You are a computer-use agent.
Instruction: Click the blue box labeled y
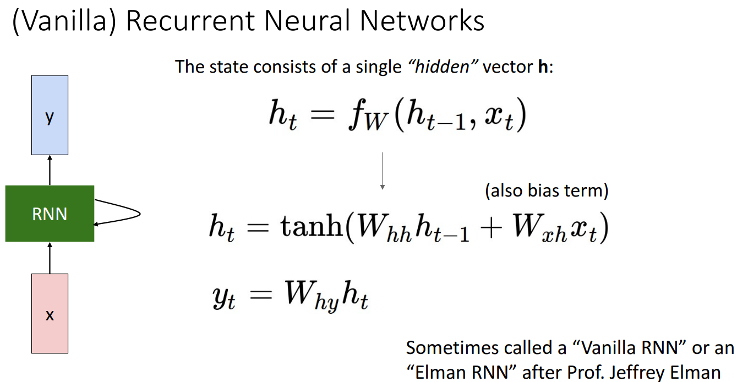coord(50,115)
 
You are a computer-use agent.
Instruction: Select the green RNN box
coord(50,214)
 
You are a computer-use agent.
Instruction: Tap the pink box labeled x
coord(50,313)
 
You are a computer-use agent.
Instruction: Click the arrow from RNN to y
coord(50,170)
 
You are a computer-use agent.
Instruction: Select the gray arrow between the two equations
coord(382,171)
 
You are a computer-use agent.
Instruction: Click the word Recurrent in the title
coord(196,21)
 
